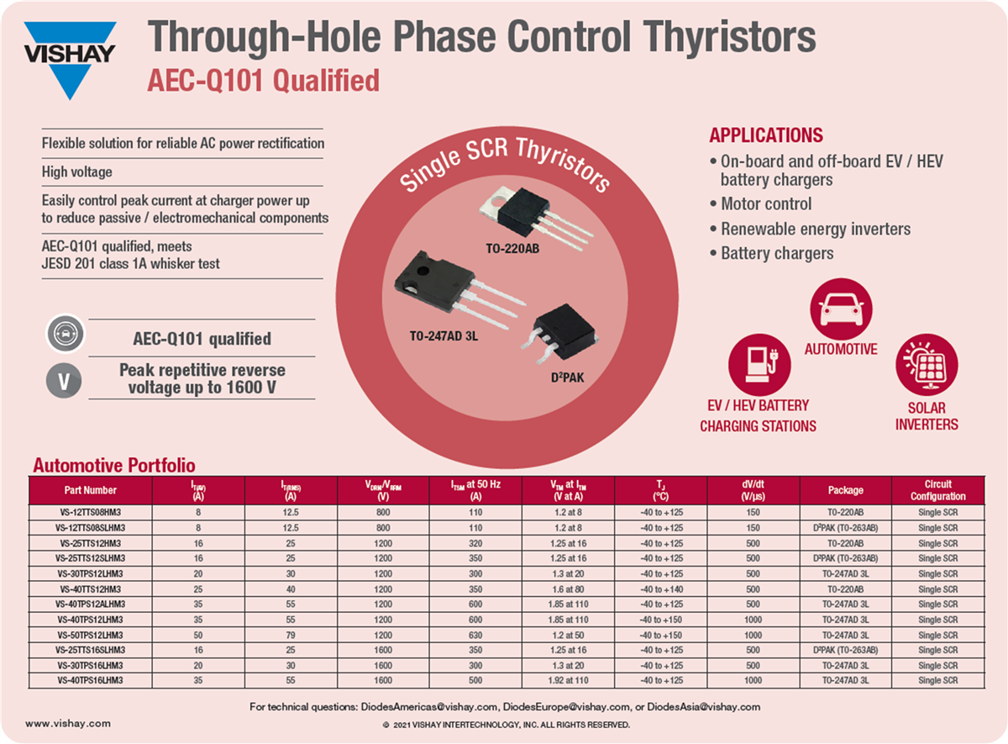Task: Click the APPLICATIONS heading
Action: (x=766, y=135)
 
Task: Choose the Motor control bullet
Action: (x=766, y=203)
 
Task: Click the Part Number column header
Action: (x=91, y=490)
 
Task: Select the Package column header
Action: (x=845, y=490)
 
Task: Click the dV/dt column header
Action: (x=753, y=490)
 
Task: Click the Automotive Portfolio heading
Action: (x=113, y=465)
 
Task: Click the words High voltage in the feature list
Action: (x=77, y=172)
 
